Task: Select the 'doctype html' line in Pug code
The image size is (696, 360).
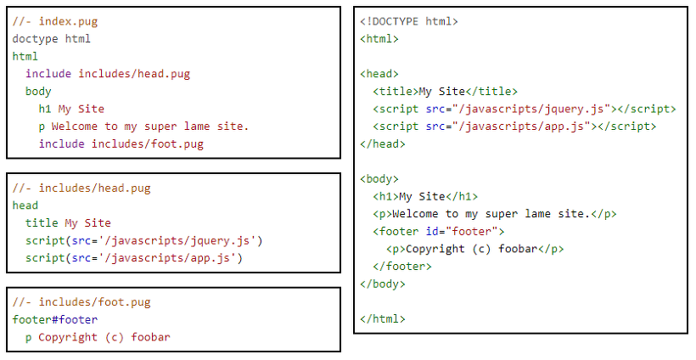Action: tap(52, 38)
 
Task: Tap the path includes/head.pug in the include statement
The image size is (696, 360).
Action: tap(134, 74)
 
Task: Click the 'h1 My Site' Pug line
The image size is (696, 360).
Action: tap(71, 109)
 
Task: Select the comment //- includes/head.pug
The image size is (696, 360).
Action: tap(81, 188)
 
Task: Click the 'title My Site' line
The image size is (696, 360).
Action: tap(68, 223)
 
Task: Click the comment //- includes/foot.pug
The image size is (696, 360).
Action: tap(81, 302)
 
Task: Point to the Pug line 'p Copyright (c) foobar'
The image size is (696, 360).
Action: tap(98, 337)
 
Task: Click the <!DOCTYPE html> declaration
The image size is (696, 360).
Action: tap(409, 21)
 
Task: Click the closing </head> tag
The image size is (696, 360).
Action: tap(383, 143)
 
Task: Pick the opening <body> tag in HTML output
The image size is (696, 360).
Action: tap(379, 179)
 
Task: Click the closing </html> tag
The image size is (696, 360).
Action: tap(383, 319)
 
